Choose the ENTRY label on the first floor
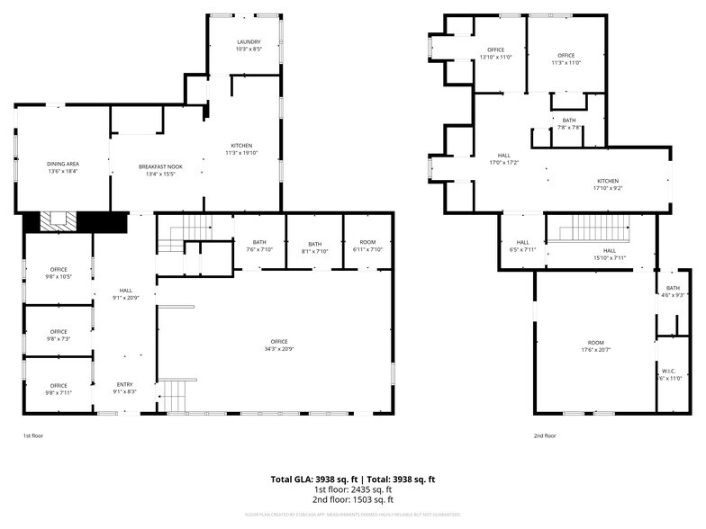[124, 389]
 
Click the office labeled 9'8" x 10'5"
[59, 273]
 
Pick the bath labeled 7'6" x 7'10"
[259, 246]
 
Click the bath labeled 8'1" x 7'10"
[314, 246]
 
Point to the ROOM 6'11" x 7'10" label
[367, 246]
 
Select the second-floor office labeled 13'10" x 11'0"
[495, 53]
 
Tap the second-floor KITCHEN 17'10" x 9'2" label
[609, 184]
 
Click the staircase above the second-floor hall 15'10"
[590, 233]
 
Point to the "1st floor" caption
[32, 435]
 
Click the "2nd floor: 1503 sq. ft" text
[353, 499]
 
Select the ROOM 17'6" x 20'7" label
[595, 345]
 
